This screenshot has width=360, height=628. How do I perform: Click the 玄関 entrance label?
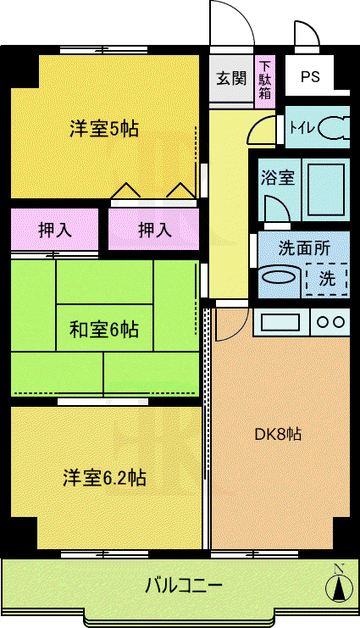click(x=231, y=78)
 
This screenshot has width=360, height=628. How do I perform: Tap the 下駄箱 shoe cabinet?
click(x=265, y=81)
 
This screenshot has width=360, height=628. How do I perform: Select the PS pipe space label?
click(x=310, y=76)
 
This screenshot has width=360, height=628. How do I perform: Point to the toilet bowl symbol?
click(x=334, y=128)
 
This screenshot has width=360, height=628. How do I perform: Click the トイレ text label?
click(x=302, y=128)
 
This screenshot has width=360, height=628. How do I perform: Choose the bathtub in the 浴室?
click(x=326, y=190)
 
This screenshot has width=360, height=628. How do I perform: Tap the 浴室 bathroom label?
click(x=278, y=177)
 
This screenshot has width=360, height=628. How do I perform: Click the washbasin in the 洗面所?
click(x=279, y=276)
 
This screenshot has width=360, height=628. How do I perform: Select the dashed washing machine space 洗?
click(x=327, y=279)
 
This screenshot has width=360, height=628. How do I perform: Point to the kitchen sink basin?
click(x=280, y=322)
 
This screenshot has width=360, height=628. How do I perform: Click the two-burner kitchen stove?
click(x=330, y=322)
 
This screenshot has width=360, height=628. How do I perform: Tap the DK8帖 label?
click(x=279, y=434)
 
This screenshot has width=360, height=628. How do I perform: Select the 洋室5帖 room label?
click(x=104, y=129)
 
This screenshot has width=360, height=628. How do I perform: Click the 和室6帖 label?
click(x=104, y=330)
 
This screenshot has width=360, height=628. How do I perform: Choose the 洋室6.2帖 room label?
click(x=104, y=478)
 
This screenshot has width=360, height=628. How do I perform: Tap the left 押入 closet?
click(x=55, y=230)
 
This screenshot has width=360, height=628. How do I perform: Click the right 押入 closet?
click(x=154, y=230)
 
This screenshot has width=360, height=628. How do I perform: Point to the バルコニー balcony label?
click(x=184, y=586)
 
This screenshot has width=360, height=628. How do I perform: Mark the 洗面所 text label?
click(x=304, y=248)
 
